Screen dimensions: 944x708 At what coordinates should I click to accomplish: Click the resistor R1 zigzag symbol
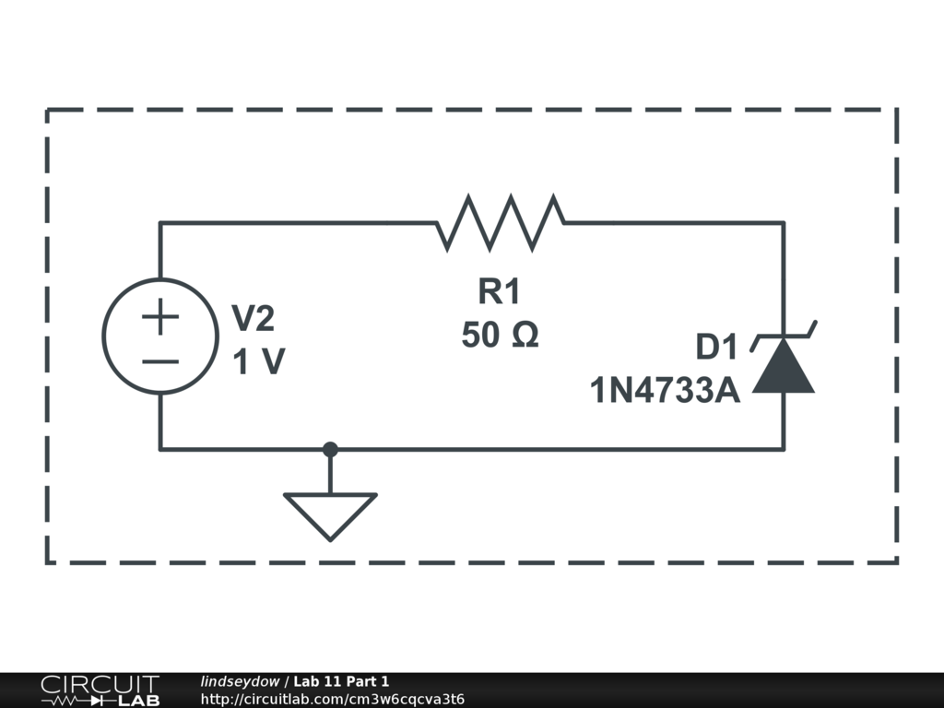click(501, 222)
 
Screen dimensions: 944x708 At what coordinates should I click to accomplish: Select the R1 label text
click(499, 292)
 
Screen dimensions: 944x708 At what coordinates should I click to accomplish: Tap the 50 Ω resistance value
click(500, 334)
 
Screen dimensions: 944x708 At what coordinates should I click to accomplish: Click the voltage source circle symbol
click(160, 336)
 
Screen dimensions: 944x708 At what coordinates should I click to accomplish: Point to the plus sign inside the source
click(160, 319)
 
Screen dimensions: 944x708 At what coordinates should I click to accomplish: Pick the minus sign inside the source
click(160, 360)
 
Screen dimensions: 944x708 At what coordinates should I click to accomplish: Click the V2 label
click(252, 320)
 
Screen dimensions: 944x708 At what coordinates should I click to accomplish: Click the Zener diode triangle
click(784, 367)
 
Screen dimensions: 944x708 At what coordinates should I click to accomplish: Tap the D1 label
click(717, 348)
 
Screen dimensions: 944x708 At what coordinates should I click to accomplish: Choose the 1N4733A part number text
click(665, 391)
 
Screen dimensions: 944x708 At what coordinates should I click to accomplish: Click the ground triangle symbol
click(330, 513)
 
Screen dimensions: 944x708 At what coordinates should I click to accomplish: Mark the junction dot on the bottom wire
click(330, 450)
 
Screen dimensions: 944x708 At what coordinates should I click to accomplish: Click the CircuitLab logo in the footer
click(100, 690)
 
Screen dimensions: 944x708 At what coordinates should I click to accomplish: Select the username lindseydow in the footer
click(240, 681)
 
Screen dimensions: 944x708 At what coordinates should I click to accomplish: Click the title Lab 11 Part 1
click(341, 681)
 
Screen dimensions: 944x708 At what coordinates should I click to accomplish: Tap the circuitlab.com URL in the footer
click(332, 699)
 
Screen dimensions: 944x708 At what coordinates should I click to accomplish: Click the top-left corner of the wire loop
click(160, 222)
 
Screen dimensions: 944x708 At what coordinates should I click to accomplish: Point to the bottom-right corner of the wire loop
click(784, 450)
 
